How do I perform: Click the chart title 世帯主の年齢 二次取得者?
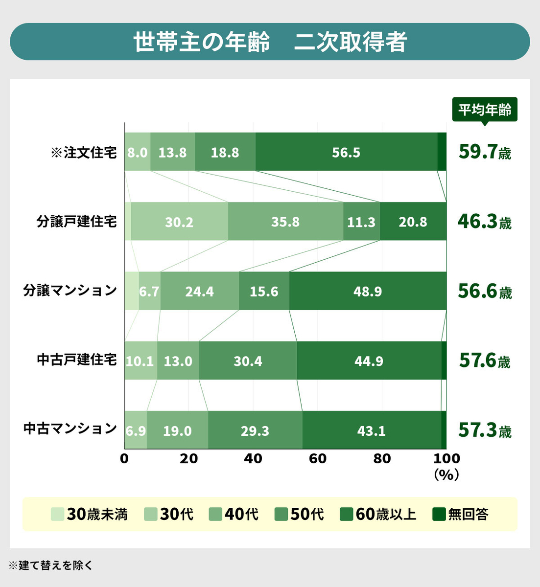click(x=270, y=42)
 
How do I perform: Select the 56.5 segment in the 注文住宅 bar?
click(x=346, y=152)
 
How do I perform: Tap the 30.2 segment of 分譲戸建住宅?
click(x=179, y=222)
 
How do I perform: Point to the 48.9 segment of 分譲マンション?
click(x=368, y=291)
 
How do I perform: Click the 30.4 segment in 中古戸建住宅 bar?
click(x=248, y=361)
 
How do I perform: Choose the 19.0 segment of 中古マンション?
click(x=177, y=430)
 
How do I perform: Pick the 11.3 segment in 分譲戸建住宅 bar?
click(x=361, y=222)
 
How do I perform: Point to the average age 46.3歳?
click(x=484, y=222)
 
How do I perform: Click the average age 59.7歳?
click(x=484, y=152)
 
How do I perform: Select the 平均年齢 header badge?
click(x=484, y=110)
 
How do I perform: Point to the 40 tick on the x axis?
click(x=253, y=458)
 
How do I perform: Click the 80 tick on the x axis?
click(x=382, y=458)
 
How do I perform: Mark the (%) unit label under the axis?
click(x=446, y=474)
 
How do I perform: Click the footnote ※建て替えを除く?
click(x=50, y=565)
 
